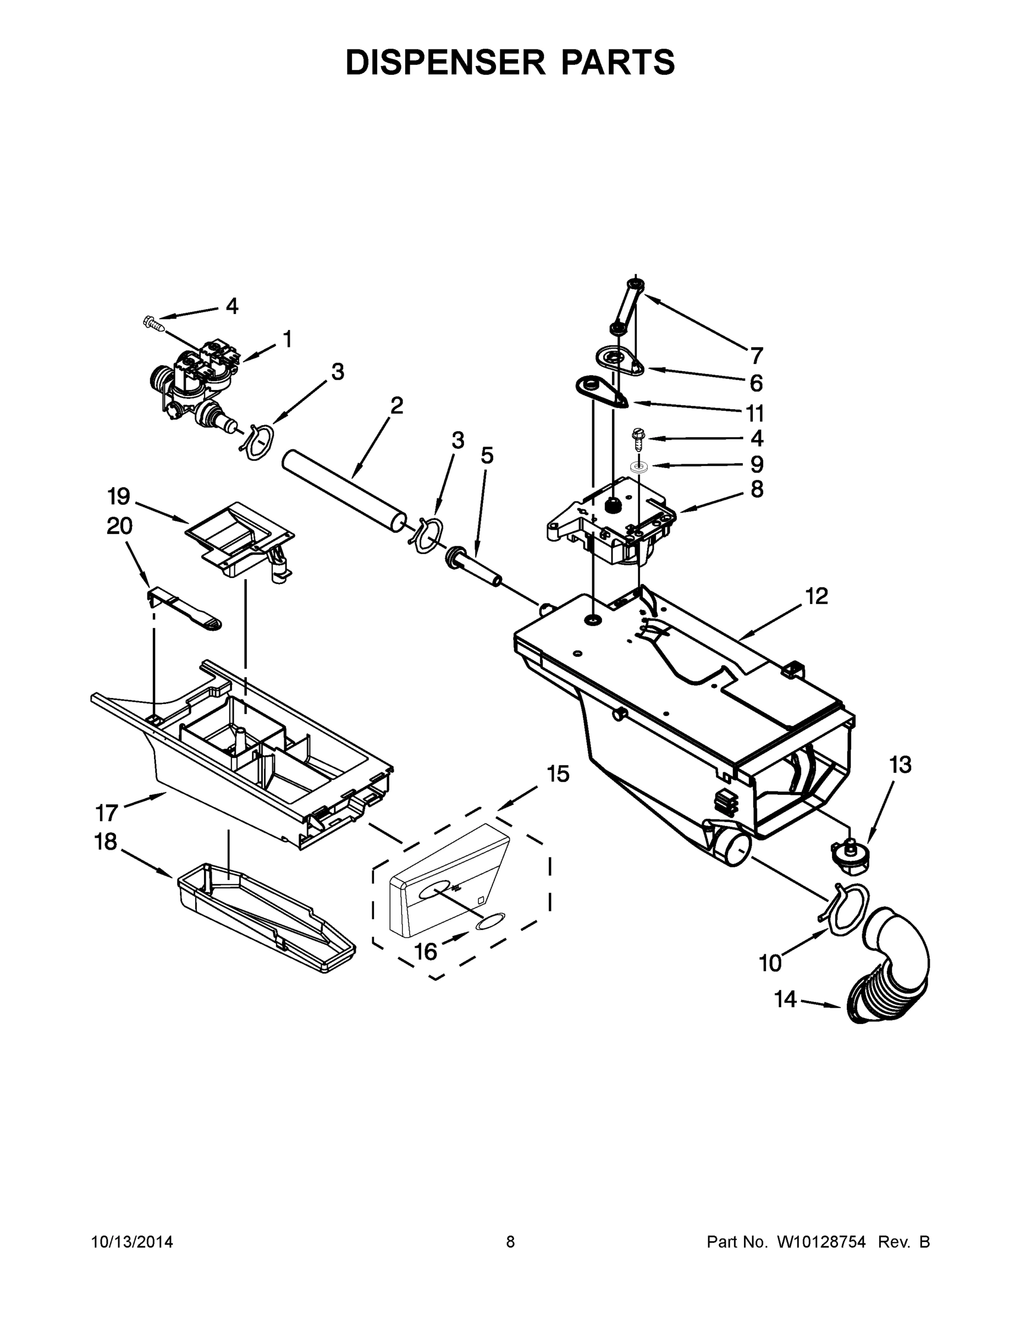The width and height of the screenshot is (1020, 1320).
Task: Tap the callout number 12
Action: (817, 597)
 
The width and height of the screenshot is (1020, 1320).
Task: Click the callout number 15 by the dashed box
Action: (558, 774)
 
